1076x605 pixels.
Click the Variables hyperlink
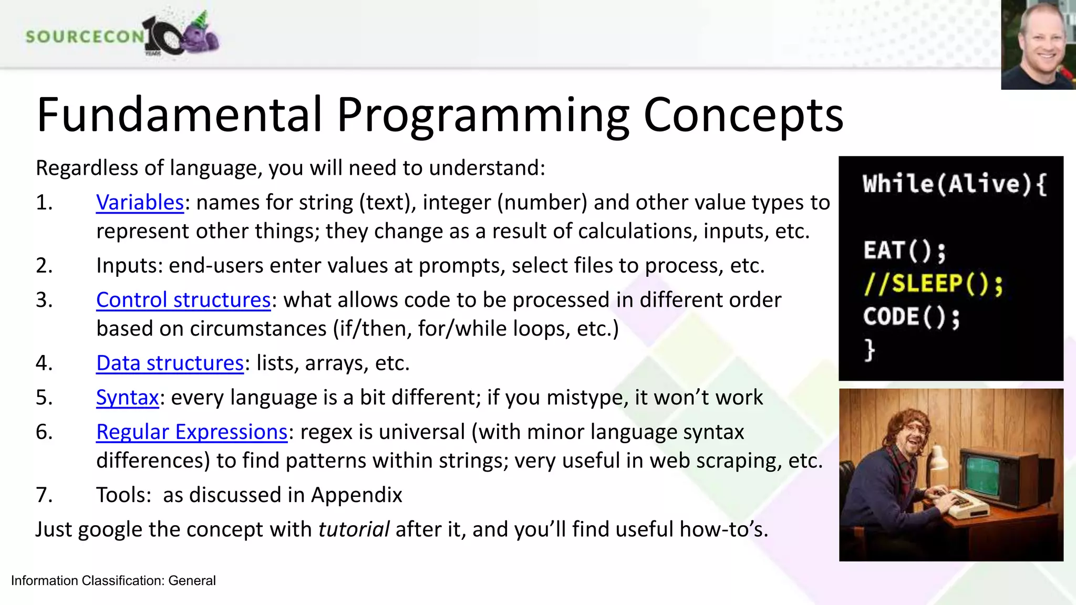click(140, 203)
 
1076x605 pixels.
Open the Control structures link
click(183, 300)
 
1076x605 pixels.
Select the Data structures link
click(170, 363)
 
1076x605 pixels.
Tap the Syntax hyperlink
click(127, 398)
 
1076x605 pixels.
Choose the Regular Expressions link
click(192, 432)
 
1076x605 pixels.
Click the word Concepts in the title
click(743, 115)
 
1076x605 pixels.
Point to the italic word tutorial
click(354, 529)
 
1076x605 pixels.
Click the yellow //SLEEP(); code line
click(933, 284)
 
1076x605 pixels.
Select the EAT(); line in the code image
click(904, 251)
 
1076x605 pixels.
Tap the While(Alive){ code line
click(954, 184)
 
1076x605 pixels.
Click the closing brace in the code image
click(870, 349)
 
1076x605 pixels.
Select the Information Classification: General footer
click(113, 580)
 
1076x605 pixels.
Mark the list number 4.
click(44, 363)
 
